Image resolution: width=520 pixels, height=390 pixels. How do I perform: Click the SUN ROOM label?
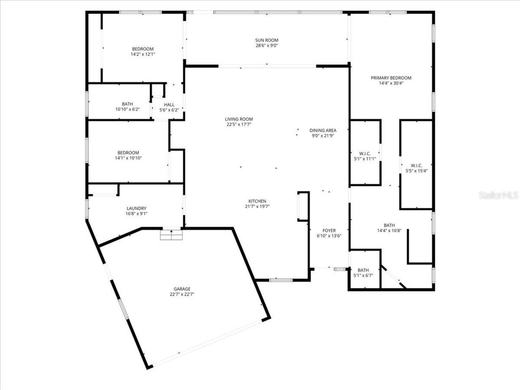pos(266,40)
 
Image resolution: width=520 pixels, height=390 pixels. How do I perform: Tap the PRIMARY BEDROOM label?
pos(391,78)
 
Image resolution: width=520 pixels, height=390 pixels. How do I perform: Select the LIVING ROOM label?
pos(239,119)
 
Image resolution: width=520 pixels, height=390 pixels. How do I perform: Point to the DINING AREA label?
pos(323,130)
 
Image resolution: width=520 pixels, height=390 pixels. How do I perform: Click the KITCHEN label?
pos(257,201)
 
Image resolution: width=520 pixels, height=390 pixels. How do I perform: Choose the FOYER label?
pos(329,230)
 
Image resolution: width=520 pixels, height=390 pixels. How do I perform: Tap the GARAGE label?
pos(182,289)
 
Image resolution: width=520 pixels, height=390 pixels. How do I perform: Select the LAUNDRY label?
pos(136,208)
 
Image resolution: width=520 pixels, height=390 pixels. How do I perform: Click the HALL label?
pos(169,104)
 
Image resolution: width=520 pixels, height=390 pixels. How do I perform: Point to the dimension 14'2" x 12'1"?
pos(143,54)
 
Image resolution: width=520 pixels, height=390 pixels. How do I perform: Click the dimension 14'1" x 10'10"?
pos(128,158)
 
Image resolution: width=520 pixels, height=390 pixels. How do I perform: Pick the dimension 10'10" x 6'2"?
pos(127,109)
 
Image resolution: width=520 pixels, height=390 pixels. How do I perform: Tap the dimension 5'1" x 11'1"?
pos(365,159)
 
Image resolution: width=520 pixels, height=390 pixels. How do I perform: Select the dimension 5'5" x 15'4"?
pos(416,171)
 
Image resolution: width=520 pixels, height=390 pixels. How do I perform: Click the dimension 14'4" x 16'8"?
pos(389,231)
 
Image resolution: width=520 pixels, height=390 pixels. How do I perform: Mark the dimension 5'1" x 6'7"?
pos(363,275)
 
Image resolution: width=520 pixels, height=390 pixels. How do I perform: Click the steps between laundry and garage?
pos(171,235)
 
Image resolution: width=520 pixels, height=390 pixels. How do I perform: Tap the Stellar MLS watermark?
pos(498,196)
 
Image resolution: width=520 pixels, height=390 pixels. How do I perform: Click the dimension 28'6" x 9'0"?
pos(266,45)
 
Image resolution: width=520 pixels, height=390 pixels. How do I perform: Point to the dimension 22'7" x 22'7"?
pos(182,295)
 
